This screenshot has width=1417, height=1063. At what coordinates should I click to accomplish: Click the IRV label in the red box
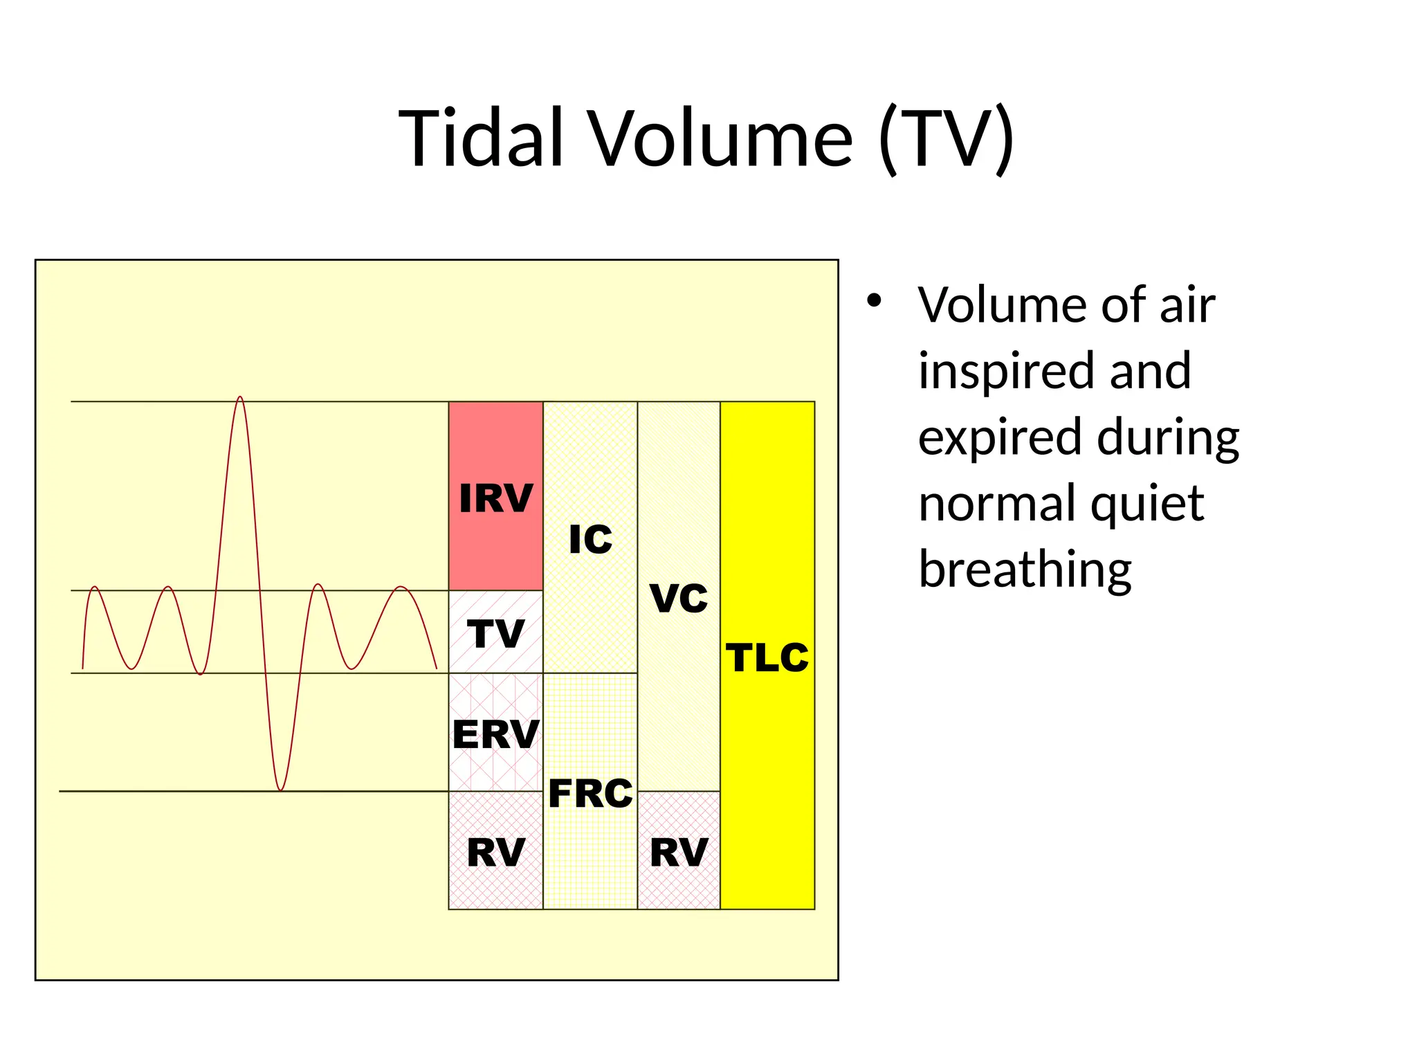[x=495, y=498]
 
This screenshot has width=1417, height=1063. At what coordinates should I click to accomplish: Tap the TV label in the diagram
[x=495, y=633]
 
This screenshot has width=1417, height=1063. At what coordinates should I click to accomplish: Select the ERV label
[x=495, y=734]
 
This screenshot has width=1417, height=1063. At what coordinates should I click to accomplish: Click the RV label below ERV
[x=495, y=853]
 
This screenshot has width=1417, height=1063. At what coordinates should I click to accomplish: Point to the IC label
[x=590, y=540]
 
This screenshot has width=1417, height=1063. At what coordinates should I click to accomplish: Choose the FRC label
[x=590, y=793]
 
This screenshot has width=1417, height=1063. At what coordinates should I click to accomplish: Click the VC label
[x=679, y=598]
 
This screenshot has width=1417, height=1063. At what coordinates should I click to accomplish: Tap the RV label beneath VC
[x=679, y=853]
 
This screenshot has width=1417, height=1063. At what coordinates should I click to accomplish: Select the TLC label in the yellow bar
[x=767, y=657]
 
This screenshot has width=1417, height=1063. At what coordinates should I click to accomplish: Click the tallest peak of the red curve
[x=240, y=398]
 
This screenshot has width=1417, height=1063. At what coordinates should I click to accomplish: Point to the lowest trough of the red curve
[x=280, y=788]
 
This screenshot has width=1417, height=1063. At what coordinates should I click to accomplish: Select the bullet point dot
[x=875, y=301]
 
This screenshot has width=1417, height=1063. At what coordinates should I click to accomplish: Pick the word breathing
[x=1025, y=570]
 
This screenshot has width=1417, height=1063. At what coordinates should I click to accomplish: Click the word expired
[x=1000, y=438]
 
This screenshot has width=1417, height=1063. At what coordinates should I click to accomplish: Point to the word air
[x=1187, y=305]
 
